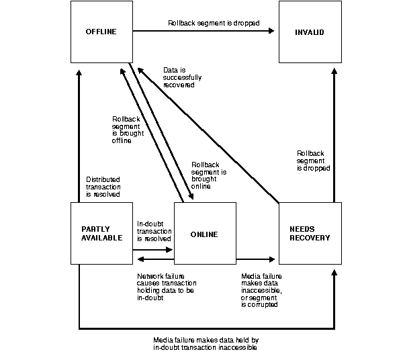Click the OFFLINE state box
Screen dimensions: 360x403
(x=101, y=32)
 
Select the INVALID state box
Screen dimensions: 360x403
(x=311, y=32)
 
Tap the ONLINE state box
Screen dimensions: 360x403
(x=204, y=234)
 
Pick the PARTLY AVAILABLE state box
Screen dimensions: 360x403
(x=101, y=234)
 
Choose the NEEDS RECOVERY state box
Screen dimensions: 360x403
(x=311, y=234)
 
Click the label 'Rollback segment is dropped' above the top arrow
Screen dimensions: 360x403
(x=204, y=23)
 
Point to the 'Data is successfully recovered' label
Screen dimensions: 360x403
(x=182, y=77)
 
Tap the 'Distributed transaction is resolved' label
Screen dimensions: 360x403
(x=103, y=187)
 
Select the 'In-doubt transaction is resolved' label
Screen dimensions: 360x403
(x=154, y=231)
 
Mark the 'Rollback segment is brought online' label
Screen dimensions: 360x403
(x=208, y=175)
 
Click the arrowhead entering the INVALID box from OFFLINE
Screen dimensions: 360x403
(x=271, y=31)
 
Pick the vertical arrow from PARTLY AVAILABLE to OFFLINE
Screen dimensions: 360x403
(x=79, y=134)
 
